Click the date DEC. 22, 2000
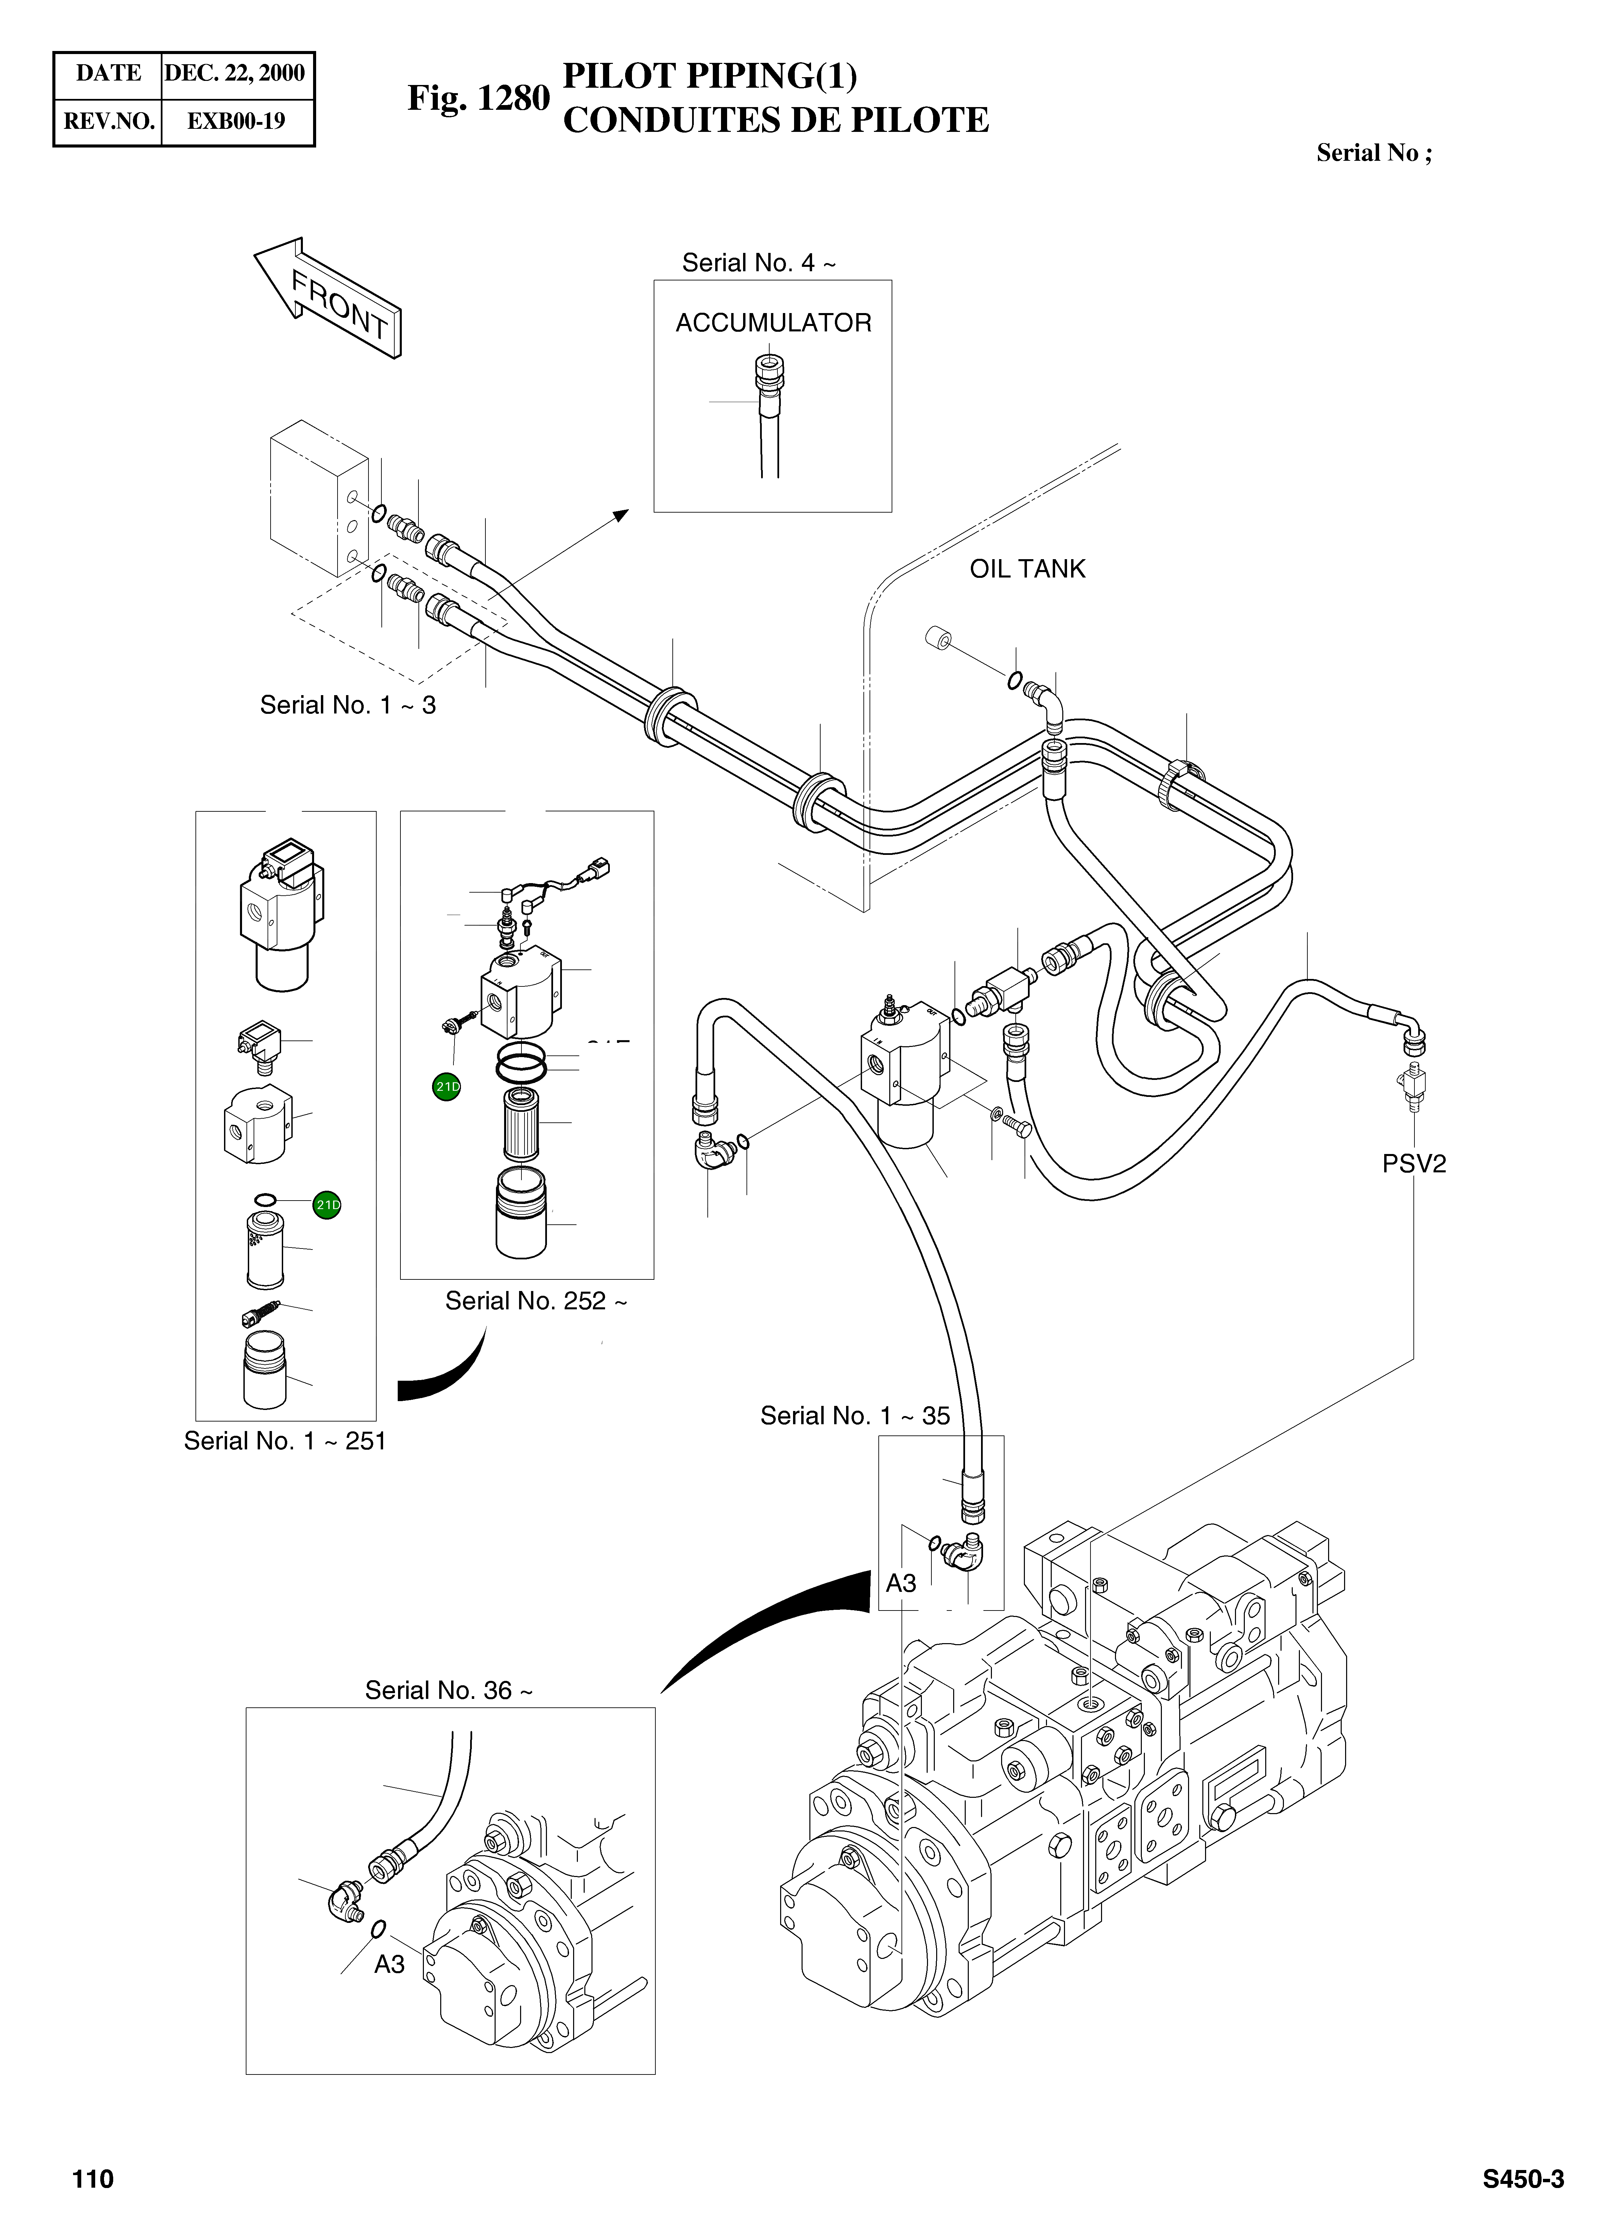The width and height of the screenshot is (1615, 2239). point(235,73)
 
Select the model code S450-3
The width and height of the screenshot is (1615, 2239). point(1522,2179)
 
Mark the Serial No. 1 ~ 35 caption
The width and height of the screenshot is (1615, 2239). point(855,1416)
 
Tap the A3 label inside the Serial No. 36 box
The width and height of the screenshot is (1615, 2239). point(389,1965)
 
